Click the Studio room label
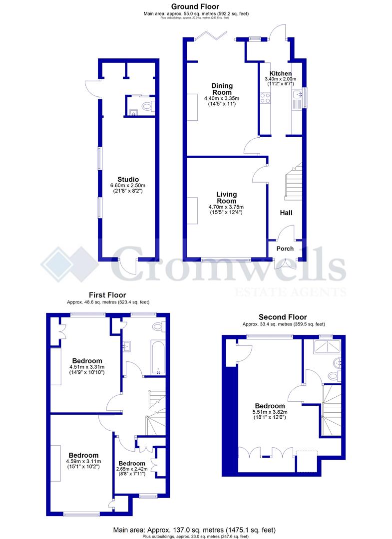128,179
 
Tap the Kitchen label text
280,73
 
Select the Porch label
285,249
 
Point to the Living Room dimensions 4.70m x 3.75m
226,207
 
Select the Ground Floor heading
195,6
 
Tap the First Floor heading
107,295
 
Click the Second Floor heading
283,317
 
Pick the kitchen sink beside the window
297,94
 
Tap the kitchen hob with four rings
264,98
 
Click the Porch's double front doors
285,263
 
